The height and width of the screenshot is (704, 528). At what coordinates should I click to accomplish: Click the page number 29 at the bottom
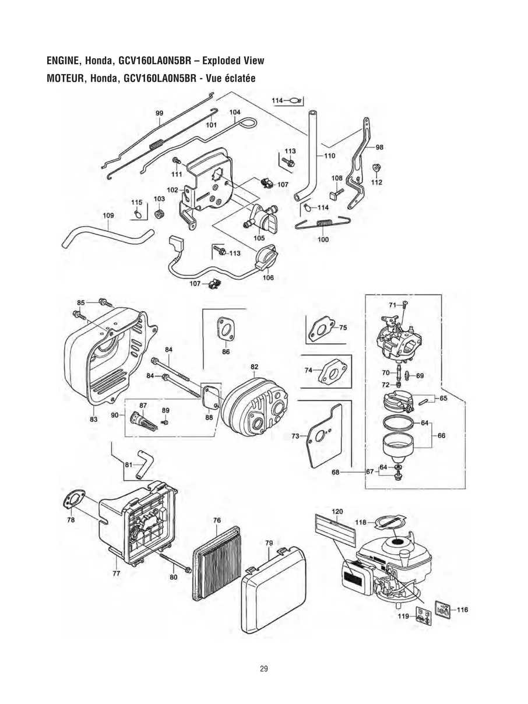click(263, 668)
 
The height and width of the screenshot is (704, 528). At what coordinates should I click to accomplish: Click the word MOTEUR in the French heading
click(62, 79)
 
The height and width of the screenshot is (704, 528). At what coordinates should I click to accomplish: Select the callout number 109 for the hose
click(108, 216)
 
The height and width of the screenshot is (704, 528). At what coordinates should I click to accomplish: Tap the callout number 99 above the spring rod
click(159, 113)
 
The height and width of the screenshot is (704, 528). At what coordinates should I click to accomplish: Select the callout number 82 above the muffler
click(255, 367)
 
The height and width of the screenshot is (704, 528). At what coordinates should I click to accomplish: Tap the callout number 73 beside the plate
click(295, 435)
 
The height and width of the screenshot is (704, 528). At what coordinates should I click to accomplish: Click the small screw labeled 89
click(165, 421)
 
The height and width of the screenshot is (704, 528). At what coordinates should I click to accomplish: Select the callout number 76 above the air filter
click(217, 520)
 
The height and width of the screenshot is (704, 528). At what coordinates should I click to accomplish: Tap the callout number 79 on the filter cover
click(269, 543)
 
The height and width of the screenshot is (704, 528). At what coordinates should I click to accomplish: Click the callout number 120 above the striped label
click(337, 511)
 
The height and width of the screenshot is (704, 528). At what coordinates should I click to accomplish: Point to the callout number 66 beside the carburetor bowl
click(441, 435)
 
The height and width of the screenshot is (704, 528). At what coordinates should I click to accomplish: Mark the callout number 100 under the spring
click(323, 240)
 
